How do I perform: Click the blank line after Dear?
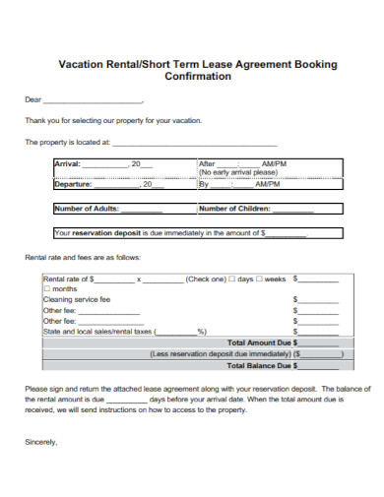[x=94, y=100]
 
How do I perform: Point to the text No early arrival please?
[x=239, y=173]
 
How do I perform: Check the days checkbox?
[x=232, y=279]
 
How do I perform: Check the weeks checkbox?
[x=260, y=279]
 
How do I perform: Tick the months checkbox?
[x=46, y=289]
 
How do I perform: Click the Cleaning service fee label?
[x=76, y=299]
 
